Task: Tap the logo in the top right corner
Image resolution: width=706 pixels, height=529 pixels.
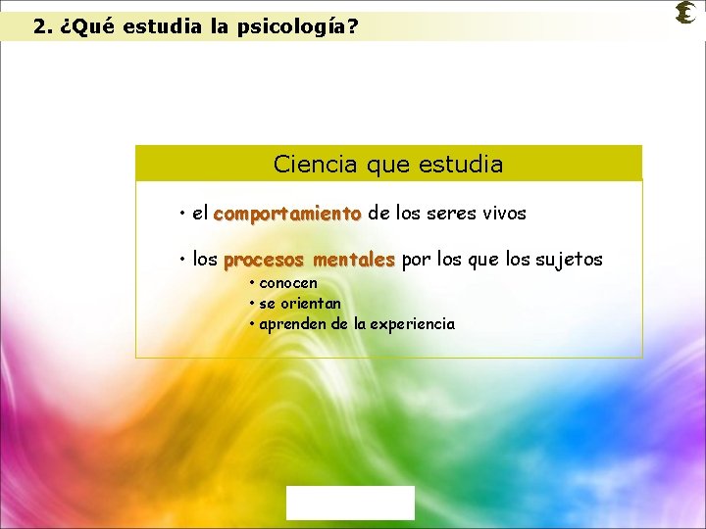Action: (685, 14)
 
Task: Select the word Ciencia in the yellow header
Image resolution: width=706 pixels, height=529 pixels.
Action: (316, 165)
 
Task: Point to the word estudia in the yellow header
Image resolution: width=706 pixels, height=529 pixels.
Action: (465, 165)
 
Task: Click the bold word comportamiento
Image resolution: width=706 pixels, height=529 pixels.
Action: (287, 213)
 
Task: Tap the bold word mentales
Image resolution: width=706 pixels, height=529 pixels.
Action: (353, 260)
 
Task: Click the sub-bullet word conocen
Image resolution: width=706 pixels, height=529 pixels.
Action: (288, 283)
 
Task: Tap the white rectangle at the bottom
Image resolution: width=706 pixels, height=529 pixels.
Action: (350, 503)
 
